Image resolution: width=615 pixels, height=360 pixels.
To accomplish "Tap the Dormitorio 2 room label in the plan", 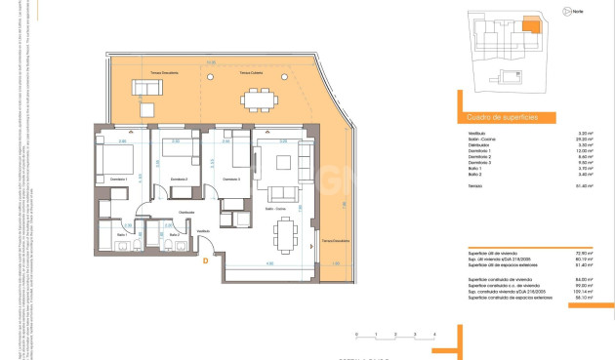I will click(x=179, y=180).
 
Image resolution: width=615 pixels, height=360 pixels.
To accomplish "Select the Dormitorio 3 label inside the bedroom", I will click(x=231, y=180).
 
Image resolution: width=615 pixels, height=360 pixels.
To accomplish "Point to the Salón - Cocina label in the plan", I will click(x=276, y=208).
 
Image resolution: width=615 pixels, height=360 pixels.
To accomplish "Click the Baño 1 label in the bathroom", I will click(x=122, y=235).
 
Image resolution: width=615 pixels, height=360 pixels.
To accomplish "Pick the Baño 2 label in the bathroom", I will click(x=174, y=235).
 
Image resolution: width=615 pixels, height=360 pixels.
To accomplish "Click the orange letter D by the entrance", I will click(x=205, y=260).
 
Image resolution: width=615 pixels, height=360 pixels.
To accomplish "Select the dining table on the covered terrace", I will click(x=259, y=98).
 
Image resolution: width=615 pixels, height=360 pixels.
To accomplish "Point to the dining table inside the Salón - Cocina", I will click(x=286, y=232).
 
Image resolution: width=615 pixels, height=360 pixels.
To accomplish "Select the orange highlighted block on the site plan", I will click(x=531, y=26).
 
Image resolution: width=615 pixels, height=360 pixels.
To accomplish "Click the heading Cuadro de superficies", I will click(x=498, y=115).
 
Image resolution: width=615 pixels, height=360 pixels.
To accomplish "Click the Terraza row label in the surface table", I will click(x=474, y=183).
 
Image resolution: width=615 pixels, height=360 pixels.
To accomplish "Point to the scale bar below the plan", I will click(x=395, y=335).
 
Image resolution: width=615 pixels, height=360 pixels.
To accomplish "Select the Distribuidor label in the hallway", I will click(x=185, y=212).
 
